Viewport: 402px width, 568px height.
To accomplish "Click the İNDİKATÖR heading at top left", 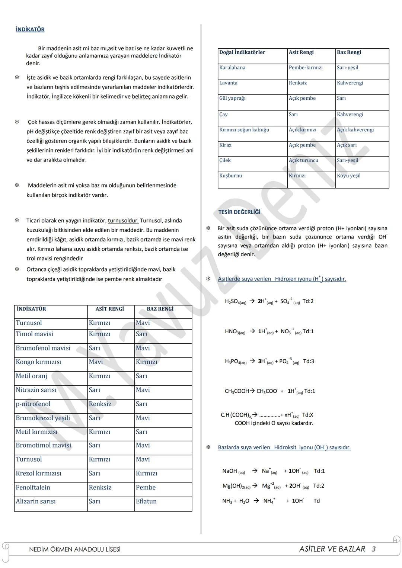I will coord(30,29).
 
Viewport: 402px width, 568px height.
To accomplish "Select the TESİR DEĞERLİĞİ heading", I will coord(239,212).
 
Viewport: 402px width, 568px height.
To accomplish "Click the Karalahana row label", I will coord(232,68).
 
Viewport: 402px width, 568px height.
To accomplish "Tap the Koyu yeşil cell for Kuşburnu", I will coord(348,176).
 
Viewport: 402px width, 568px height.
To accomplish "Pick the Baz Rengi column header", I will coord(349,52).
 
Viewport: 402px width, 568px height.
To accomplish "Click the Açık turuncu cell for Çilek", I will coord(303,160).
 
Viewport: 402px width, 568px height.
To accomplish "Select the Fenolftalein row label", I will coord(33,487).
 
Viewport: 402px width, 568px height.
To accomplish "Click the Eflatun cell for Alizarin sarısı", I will coord(146,501).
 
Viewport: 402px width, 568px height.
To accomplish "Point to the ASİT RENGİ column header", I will coord(109,309).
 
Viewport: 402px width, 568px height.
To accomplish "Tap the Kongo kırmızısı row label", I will coord(38,362).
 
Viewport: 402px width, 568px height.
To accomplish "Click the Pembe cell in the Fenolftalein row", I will coord(146,487).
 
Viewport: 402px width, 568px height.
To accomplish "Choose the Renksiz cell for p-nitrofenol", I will coord(100,404).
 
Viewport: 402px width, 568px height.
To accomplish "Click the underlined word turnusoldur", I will coord(123,221).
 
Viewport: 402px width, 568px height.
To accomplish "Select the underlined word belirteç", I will coord(141,97).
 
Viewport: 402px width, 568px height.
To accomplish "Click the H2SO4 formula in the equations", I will coord(235,302).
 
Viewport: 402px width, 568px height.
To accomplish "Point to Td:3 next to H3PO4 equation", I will coord(308,361).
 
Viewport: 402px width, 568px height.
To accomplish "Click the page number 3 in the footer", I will coord(373,549).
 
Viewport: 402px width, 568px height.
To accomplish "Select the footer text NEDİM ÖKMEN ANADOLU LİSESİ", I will coord(74,549).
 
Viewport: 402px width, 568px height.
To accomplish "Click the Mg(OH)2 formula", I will coord(236,486).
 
